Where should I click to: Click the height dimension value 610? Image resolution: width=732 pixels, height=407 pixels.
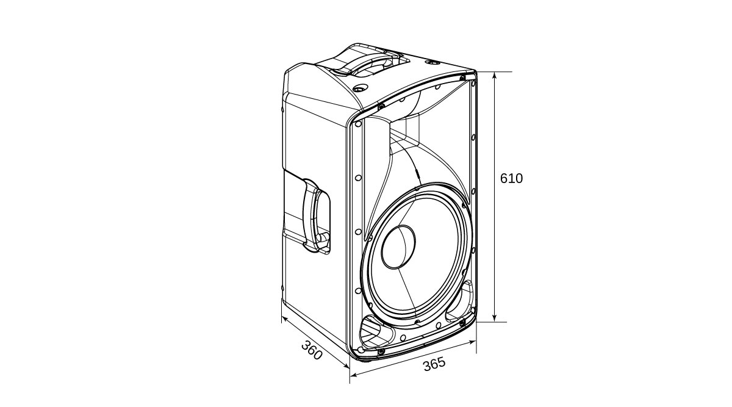tap(511, 179)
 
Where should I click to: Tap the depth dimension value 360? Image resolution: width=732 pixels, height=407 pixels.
tap(312, 350)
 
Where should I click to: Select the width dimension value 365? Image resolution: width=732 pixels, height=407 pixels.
tap(434, 364)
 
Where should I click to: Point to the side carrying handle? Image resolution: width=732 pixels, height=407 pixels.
tap(316, 216)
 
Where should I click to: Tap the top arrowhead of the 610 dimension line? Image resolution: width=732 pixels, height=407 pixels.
tap(495, 76)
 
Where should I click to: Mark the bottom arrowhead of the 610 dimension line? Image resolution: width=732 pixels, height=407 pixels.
tap(495, 318)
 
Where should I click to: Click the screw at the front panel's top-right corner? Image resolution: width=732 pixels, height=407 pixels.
tap(462, 78)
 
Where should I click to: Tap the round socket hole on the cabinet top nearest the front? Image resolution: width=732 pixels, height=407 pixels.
tap(361, 88)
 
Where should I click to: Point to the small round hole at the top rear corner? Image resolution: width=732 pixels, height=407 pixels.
tap(431, 62)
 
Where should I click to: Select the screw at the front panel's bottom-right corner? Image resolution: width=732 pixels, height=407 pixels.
tap(462, 323)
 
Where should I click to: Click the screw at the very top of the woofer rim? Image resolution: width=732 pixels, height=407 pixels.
tap(417, 189)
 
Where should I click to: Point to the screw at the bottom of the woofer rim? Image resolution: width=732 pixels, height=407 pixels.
tap(417, 322)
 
